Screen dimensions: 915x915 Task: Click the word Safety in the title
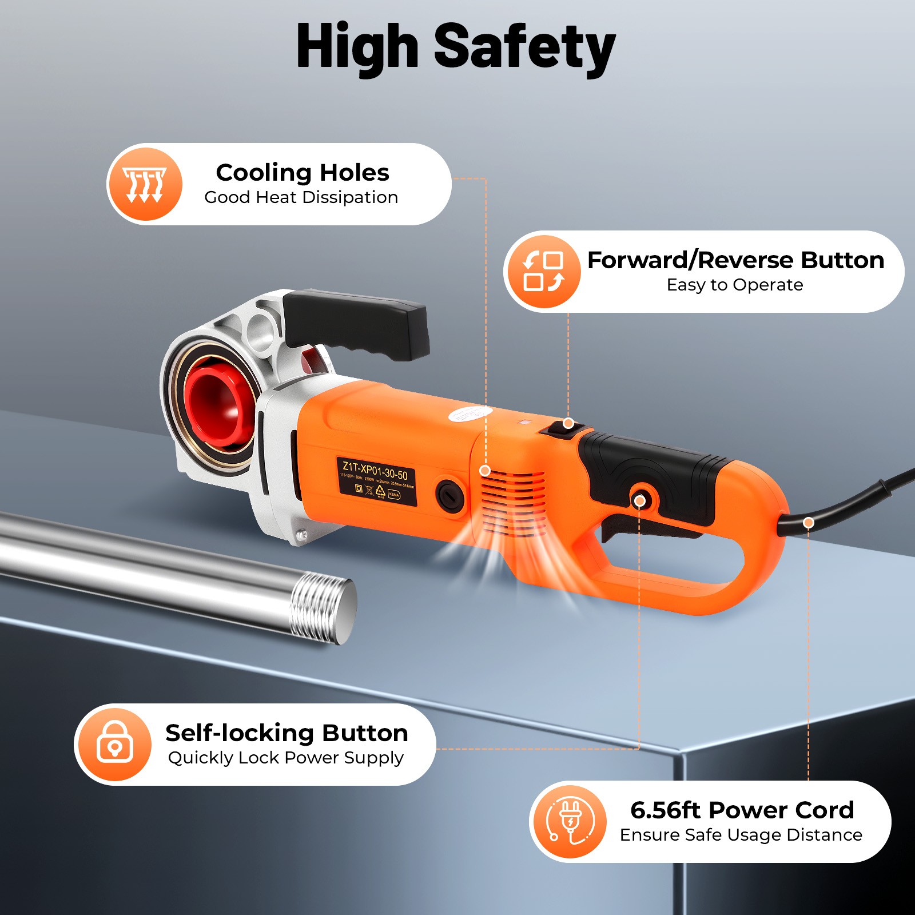pyautogui.click(x=524, y=47)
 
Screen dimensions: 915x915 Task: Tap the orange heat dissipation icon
pyautogui.click(x=145, y=184)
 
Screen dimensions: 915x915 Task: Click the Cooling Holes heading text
pyautogui.click(x=303, y=173)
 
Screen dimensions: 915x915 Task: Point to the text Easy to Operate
pyautogui.click(x=735, y=285)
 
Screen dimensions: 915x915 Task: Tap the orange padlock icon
pyautogui.click(x=114, y=743)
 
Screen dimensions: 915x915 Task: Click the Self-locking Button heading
pyautogui.click(x=287, y=733)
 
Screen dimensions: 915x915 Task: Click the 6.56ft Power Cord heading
pyautogui.click(x=742, y=810)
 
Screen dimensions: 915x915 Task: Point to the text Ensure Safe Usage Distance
pyautogui.click(x=741, y=835)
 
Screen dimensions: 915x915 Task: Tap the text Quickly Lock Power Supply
pyautogui.click(x=286, y=758)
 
